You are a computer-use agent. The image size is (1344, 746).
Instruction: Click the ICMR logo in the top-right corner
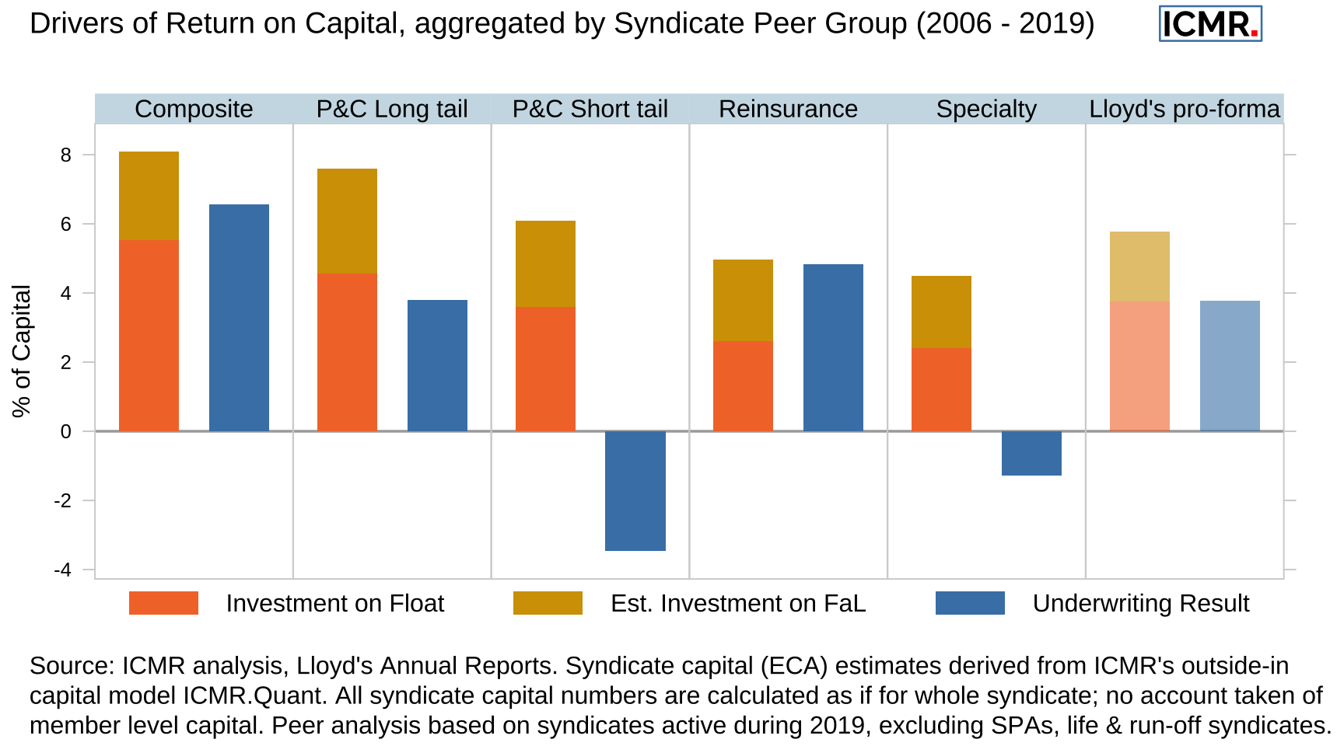tap(1209, 23)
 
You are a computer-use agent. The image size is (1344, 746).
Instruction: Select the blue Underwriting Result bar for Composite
tap(239, 318)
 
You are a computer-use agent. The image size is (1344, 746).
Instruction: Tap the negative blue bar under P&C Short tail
tap(635, 490)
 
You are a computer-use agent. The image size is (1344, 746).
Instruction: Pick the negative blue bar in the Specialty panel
tap(1031, 453)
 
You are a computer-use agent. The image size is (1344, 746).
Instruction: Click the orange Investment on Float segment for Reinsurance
tap(743, 386)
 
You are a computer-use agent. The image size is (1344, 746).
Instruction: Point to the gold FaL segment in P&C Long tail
tap(347, 221)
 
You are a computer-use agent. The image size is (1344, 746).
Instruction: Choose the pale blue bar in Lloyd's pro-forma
tap(1230, 366)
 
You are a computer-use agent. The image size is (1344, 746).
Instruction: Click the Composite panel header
tap(194, 109)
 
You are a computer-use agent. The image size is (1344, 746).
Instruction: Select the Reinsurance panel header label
tap(788, 109)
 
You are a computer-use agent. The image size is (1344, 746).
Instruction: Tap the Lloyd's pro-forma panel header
tap(1184, 109)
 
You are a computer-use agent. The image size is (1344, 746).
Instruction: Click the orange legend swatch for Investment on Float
tap(163, 603)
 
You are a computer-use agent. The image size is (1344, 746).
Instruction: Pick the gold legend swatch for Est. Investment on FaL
tap(548, 603)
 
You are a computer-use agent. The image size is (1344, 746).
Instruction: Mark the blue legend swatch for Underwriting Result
tap(970, 603)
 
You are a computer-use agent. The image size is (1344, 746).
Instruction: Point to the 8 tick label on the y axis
tap(65, 155)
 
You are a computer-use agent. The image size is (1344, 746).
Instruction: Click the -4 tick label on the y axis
tap(62, 570)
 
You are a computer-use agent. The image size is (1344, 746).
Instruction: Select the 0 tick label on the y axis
tap(65, 431)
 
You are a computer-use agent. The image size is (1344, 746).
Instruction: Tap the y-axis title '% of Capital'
tap(21, 350)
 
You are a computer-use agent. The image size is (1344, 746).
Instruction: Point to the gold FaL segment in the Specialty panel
tap(941, 312)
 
